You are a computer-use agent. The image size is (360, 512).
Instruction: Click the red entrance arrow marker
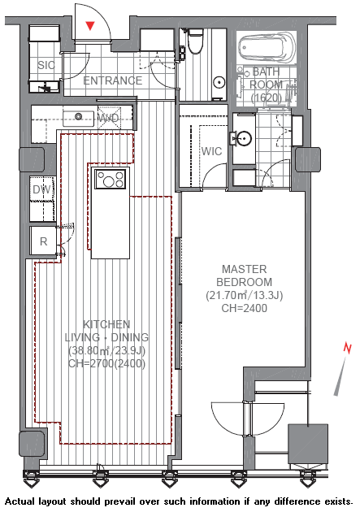(90, 26)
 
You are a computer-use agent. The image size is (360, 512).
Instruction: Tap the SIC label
(46, 65)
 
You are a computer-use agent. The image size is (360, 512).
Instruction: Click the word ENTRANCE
(113, 80)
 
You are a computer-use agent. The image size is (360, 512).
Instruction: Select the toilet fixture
(196, 41)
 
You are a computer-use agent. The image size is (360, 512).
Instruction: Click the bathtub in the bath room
(267, 48)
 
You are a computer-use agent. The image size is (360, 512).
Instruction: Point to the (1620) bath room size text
(267, 98)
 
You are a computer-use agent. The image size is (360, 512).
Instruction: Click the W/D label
(109, 118)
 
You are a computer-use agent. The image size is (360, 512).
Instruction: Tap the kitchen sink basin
(78, 118)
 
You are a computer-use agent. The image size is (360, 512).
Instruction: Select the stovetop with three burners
(110, 179)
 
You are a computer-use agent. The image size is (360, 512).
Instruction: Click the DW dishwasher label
(42, 189)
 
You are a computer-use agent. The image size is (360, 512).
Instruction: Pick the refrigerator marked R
(43, 241)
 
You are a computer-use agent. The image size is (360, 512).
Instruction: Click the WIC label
(211, 151)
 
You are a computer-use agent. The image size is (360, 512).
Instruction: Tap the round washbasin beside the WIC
(244, 139)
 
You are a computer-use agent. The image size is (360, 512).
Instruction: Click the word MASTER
(245, 269)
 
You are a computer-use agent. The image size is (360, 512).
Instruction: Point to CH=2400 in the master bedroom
(245, 308)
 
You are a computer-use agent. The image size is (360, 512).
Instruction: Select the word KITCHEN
(106, 324)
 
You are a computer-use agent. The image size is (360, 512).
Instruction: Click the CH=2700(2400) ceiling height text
(106, 364)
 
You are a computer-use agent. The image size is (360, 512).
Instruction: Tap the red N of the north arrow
(348, 348)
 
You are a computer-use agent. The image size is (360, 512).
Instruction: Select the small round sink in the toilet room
(220, 81)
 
